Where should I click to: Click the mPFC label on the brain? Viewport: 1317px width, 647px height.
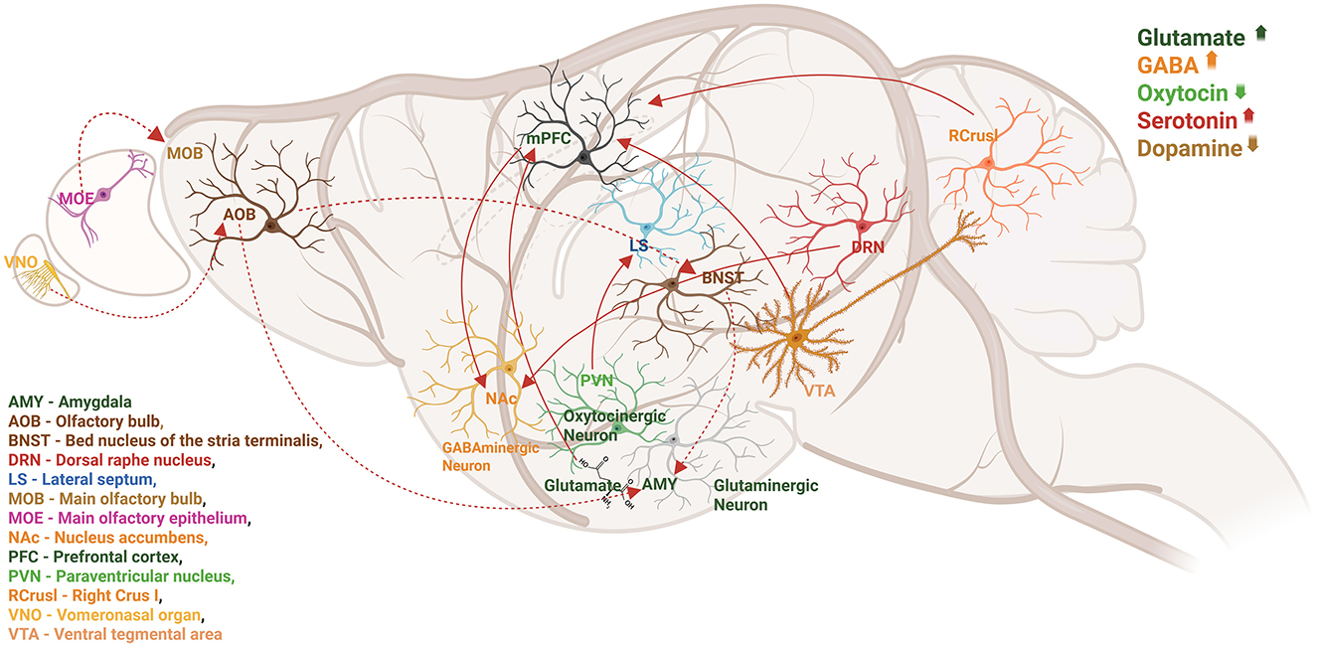click(x=549, y=140)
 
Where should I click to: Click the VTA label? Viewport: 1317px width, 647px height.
click(x=820, y=391)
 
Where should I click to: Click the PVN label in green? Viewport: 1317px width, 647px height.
click(x=596, y=380)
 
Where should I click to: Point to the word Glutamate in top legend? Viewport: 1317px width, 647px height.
click(x=1191, y=38)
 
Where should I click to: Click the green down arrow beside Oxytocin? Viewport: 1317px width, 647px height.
click(x=1238, y=92)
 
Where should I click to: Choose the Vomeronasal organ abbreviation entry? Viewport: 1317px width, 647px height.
click(x=104, y=614)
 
